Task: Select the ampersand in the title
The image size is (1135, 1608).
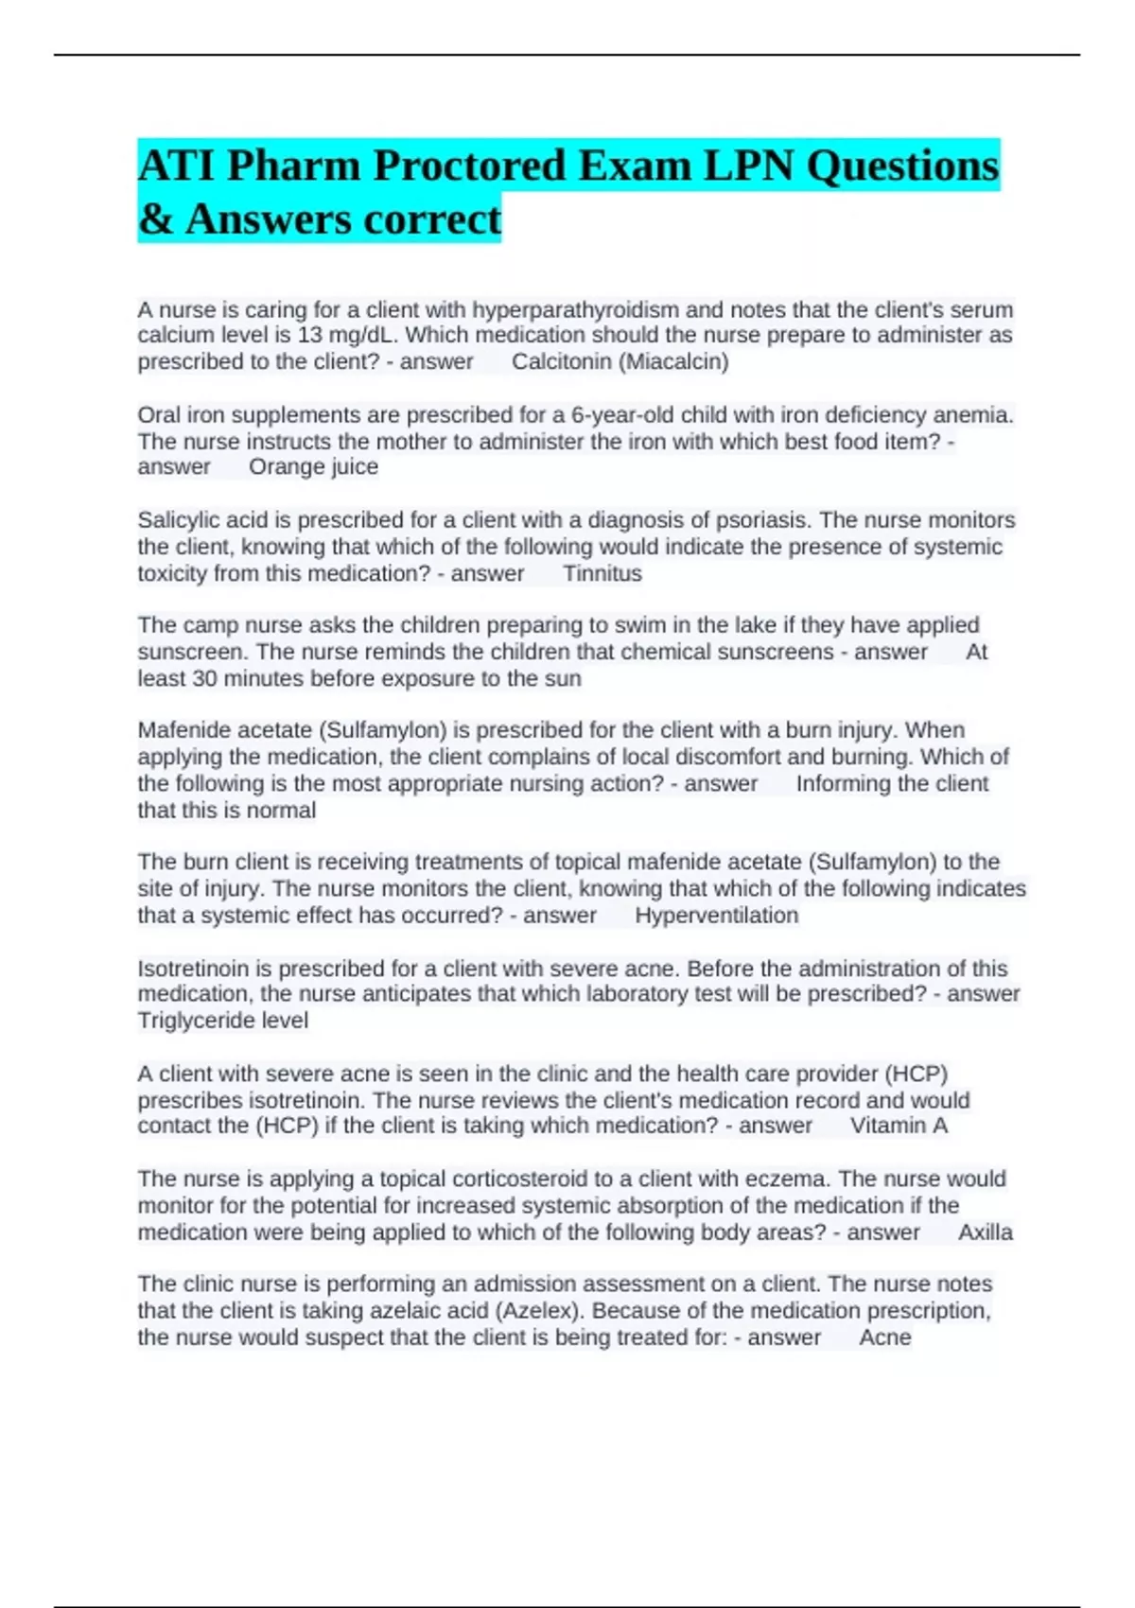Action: click(x=155, y=219)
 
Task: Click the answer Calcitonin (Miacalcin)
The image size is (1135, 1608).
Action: click(x=620, y=361)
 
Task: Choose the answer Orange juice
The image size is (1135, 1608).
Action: click(x=313, y=466)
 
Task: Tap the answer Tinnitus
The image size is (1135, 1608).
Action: click(x=602, y=573)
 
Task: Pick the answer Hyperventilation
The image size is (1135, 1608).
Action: click(x=716, y=915)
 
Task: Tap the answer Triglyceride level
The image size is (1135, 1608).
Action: click(x=222, y=1021)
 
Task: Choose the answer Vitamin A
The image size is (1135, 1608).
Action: click(x=899, y=1126)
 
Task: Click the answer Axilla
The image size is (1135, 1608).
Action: click(x=985, y=1232)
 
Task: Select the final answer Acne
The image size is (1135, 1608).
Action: click(x=884, y=1337)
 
